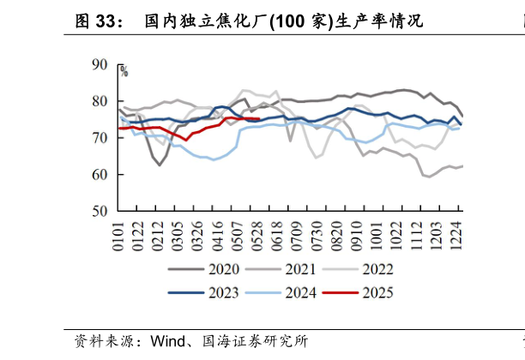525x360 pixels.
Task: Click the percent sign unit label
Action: (124, 72)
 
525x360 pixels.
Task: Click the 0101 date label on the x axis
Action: (119, 235)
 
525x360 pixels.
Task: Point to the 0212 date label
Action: (157, 235)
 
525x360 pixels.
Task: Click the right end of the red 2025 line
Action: (259, 119)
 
